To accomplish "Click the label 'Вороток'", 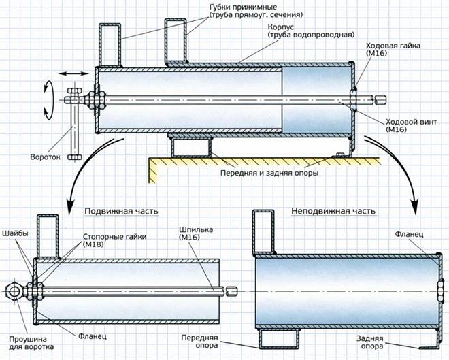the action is pyautogui.click(x=46, y=157).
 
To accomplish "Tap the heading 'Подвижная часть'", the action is pyautogui.click(x=121, y=211).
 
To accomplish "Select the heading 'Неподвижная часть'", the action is pyautogui.click(x=333, y=211).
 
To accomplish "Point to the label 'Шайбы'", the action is pyautogui.click(x=16, y=233).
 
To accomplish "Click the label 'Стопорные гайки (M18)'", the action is pyautogui.click(x=115, y=241).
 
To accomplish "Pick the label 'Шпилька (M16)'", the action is pyautogui.click(x=196, y=233).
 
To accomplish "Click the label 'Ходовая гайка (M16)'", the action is pyautogui.click(x=393, y=49).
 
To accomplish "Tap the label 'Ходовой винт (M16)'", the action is pyautogui.click(x=411, y=125).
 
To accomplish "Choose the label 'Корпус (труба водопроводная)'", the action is pyautogui.click(x=312, y=31).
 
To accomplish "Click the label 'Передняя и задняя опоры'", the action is pyautogui.click(x=269, y=173).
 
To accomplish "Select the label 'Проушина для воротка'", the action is pyautogui.click(x=31, y=343).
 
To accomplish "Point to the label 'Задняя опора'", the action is pyautogui.click(x=369, y=342).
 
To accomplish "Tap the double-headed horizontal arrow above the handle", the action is pyautogui.click(x=73, y=74).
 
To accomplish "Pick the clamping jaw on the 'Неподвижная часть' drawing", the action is pyautogui.click(x=263, y=232).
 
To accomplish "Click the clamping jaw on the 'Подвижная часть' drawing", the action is pyautogui.click(x=48, y=236).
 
